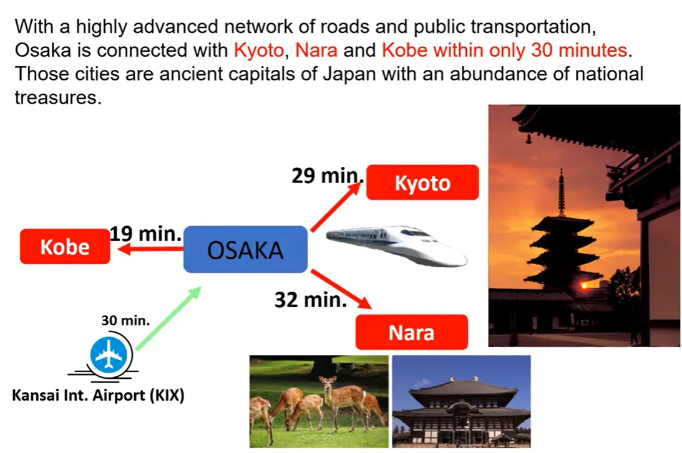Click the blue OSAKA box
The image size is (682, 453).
245,249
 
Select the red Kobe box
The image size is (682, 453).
65,246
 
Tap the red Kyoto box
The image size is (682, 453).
422,183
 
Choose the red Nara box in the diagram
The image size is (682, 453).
411,332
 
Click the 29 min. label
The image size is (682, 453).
328,176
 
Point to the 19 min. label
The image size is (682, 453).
146,234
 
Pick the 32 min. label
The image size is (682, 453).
311,300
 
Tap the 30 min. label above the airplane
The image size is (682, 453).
125,320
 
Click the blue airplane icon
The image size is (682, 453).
109,355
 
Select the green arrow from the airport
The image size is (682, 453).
168,318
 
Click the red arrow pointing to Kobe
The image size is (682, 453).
150,249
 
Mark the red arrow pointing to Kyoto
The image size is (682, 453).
336,207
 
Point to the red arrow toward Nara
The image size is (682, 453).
341,289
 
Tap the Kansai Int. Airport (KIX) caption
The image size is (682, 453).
99,395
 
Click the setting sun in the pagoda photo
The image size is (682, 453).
584,286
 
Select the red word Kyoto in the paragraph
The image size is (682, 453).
259,50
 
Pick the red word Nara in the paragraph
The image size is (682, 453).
316,50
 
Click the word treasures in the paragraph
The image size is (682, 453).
58,97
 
